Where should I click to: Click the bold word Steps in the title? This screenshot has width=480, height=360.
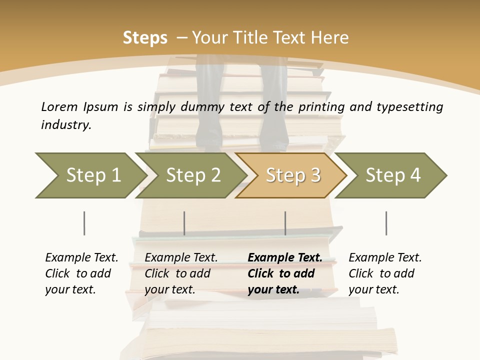(145, 38)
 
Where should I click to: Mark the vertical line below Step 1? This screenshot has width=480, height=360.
(84, 223)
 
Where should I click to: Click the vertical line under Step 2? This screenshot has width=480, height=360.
(184, 223)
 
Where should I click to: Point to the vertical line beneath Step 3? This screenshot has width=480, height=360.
(285, 223)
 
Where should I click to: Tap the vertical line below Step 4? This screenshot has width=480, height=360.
(386, 223)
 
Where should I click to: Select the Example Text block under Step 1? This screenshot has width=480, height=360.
(81, 273)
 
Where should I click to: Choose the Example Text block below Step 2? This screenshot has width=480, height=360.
(181, 273)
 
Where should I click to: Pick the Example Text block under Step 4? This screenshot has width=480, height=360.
(385, 273)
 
